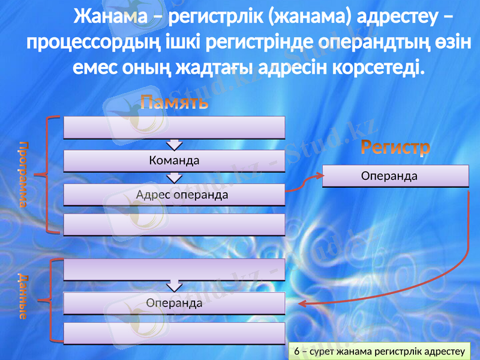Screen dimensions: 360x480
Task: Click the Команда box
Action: [174, 161]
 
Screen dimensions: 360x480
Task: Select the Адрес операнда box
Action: [174, 195]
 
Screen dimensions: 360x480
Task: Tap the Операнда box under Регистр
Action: [395, 176]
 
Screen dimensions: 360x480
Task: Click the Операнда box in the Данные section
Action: [174, 303]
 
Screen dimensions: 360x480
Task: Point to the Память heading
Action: [175, 103]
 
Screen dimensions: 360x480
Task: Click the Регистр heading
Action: [395, 148]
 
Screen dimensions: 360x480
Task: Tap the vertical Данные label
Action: [22, 296]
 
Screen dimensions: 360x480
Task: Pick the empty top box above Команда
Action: [174, 127]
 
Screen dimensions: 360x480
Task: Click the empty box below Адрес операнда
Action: [174, 224]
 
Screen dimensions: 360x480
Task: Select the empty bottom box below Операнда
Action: [174, 333]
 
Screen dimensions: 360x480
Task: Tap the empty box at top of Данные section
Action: [174, 269]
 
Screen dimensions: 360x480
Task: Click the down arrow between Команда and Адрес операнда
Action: [174, 178]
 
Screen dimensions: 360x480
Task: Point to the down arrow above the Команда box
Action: [174, 144]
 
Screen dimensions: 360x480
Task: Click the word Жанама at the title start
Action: [110, 19]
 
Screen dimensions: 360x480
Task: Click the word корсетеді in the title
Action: [377, 67]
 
